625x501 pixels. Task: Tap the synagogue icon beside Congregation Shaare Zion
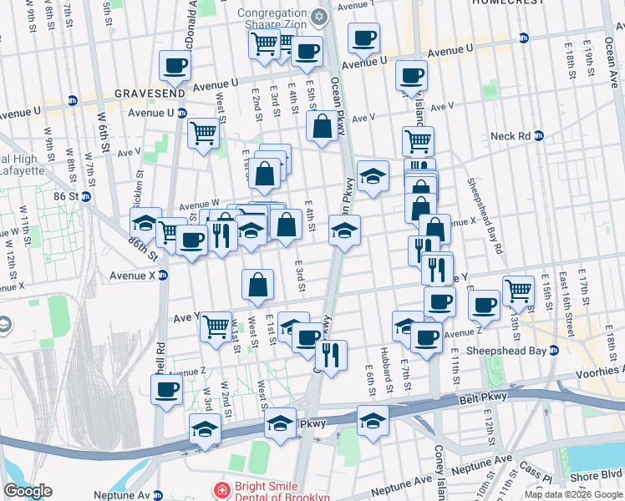click(318, 17)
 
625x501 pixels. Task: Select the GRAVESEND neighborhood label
click(151, 94)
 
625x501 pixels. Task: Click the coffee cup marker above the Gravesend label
click(175, 66)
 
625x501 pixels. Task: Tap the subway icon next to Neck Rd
click(539, 135)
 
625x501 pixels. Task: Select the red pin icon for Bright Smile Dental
click(222, 490)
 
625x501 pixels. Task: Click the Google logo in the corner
click(28, 491)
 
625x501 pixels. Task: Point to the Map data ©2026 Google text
click(572, 494)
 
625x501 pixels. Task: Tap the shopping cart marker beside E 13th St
click(518, 291)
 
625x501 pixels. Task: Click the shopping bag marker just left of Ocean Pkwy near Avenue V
click(322, 128)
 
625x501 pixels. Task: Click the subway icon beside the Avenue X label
click(163, 275)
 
